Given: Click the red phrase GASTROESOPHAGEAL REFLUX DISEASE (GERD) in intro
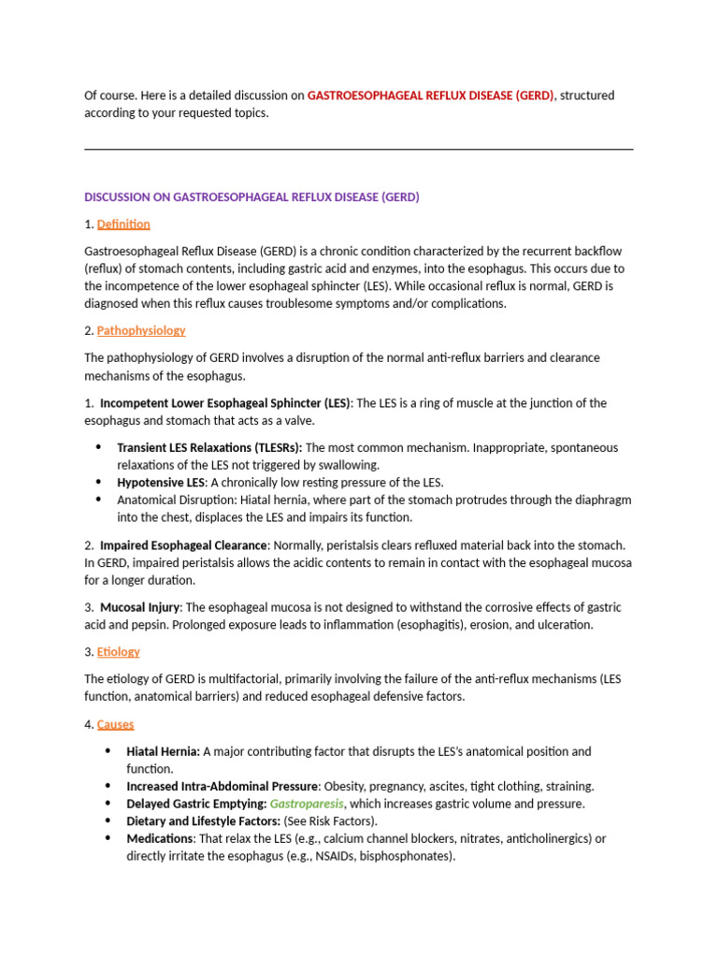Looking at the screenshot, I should click(x=431, y=95).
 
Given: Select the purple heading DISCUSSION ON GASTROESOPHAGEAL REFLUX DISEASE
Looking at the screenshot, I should click(x=251, y=197).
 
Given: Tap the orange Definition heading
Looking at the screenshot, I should click(x=123, y=225).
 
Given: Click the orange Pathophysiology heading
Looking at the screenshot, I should click(x=141, y=330).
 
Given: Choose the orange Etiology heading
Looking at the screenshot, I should click(x=119, y=651).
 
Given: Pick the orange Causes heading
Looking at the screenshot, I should click(x=116, y=724).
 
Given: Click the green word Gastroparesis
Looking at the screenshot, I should click(x=307, y=804).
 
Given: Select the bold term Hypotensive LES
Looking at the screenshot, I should click(x=161, y=483).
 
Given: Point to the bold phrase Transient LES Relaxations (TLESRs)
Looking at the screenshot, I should click(x=209, y=447).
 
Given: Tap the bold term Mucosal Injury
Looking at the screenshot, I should click(x=140, y=607).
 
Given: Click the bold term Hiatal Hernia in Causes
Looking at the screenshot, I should click(x=163, y=751).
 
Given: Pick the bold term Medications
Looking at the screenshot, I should click(x=160, y=838).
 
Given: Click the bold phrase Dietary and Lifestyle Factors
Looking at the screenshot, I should click(x=203, y=820).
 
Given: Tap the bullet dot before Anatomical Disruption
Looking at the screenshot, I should click(x=99, y=500).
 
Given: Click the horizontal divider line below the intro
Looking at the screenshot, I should click(x=358, y=150).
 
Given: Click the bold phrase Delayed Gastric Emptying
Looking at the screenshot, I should click(x=196, y=804).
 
